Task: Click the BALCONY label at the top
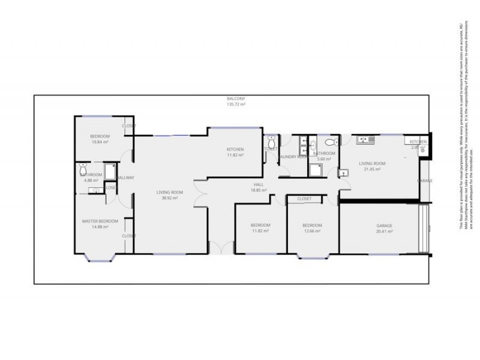click(236, 98)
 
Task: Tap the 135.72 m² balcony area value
click(236, 104)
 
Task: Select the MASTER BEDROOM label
click(100, 221)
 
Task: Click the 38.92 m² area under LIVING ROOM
click(169, 198)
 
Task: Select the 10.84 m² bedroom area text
click(100, 142)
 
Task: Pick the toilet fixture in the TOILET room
click(272, 142)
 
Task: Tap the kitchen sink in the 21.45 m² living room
click(364, 140)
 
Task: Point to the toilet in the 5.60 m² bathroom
click(330, 142)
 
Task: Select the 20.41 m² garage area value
click(384, 231)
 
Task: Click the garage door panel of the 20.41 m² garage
click(425, 229)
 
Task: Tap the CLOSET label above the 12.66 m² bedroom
click(304, 199)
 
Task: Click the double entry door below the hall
click(220, 247)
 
